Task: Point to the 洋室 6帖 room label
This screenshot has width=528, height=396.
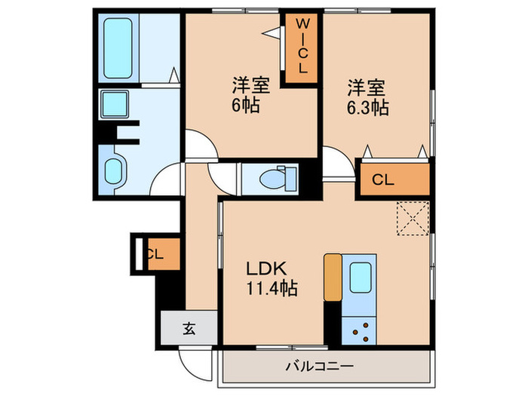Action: [x=246, y=95]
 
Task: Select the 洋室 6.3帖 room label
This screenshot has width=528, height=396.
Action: [x=368, y=97]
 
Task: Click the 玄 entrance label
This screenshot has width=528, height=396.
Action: [x=189, y=327]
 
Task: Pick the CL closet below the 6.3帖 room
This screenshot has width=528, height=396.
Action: [x=383, y=180]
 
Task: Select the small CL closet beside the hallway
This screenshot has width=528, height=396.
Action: [x=157, y=253]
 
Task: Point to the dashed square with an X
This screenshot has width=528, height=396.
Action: [x=413, y=219]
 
